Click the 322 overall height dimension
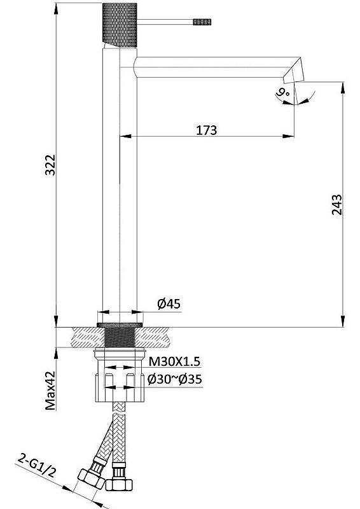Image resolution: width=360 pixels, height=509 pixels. pos(50,165)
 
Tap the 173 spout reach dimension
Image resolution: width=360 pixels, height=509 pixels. pos(207,130)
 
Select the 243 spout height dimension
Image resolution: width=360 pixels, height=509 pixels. pos(337,204)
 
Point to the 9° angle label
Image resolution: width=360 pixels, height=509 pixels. pos(283,93)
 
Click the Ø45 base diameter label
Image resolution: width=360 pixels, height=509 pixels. pos(169,304)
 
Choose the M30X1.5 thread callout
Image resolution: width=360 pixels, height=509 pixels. pos(174,361)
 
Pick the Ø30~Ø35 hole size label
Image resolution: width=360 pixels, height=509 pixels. pos(175,379)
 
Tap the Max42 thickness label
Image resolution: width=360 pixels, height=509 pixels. pos(50,391)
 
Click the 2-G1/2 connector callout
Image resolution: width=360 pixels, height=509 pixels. pos(37,467)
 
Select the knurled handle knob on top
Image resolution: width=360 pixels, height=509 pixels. pos(120,25)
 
